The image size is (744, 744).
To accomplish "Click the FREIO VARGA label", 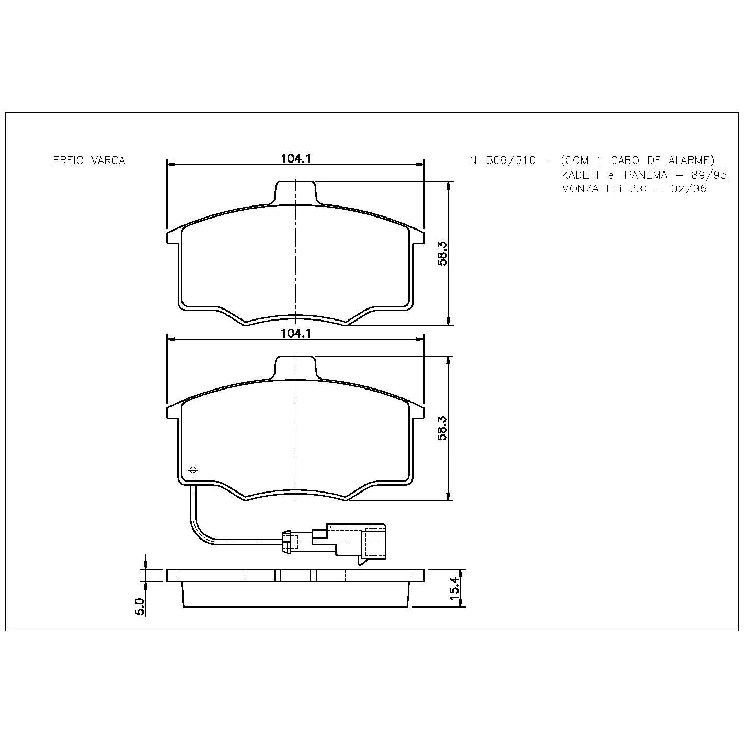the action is click(89, 161).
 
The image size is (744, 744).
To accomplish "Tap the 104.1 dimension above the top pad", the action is click(296, 158).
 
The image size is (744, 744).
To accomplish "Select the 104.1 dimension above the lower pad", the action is click(296, 333).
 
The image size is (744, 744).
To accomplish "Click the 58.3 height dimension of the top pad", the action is click(442, 253).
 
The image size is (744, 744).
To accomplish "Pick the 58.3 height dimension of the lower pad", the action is click(442, 428).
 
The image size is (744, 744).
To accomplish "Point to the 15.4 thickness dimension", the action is click(455, 588).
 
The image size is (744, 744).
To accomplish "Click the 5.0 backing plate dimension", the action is click(140, 606).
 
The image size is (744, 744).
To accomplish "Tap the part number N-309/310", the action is click(502, 161).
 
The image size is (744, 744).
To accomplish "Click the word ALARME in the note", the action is click(689, 161).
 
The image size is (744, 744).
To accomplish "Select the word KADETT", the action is click(581, 175).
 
